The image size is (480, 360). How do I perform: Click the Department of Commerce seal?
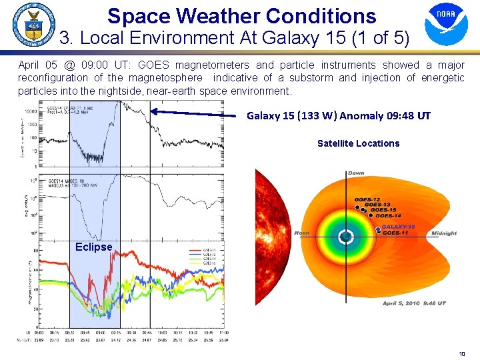pos(33,25)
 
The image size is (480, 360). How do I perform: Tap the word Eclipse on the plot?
pos(93,247)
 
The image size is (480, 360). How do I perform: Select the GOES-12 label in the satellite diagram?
pos(368,199)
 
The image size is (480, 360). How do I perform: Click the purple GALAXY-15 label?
pos(398,227)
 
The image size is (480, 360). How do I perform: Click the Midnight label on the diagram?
pos(444,233)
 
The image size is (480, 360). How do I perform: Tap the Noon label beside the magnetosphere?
pos(301,233)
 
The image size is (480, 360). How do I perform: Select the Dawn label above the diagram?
pos(355,173)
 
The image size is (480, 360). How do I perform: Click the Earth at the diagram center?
pos(345,237)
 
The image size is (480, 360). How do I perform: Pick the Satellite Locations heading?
pos(358,143)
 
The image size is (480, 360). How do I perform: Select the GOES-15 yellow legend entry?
pos(209,263)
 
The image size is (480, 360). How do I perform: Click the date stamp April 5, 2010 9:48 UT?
pos(413,303)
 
